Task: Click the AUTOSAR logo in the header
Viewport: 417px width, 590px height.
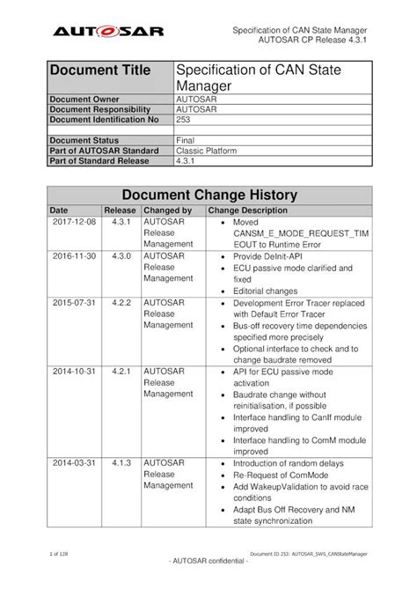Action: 104,32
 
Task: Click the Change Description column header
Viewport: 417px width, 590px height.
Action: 247,211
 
